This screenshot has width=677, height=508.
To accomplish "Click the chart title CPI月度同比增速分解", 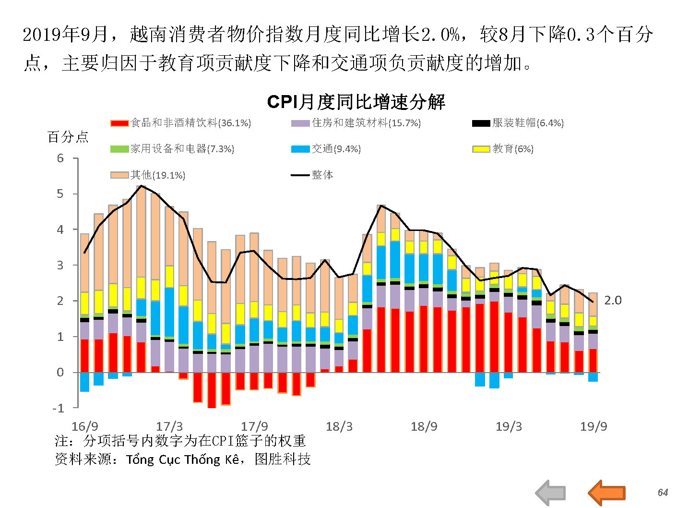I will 356,102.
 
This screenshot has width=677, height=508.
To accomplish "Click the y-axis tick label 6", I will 60,158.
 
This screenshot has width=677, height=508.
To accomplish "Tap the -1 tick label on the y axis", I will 58,408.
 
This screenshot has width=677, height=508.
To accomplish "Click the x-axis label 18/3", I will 339,426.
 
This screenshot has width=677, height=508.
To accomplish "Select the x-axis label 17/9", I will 254,426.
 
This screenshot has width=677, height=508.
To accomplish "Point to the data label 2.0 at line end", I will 613,301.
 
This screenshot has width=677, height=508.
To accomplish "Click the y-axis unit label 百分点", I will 68,137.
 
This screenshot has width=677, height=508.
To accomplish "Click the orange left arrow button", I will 606,493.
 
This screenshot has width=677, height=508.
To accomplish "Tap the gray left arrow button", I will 550,493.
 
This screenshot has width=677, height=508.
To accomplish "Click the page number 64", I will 663,493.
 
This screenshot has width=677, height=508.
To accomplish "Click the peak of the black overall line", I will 141,186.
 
